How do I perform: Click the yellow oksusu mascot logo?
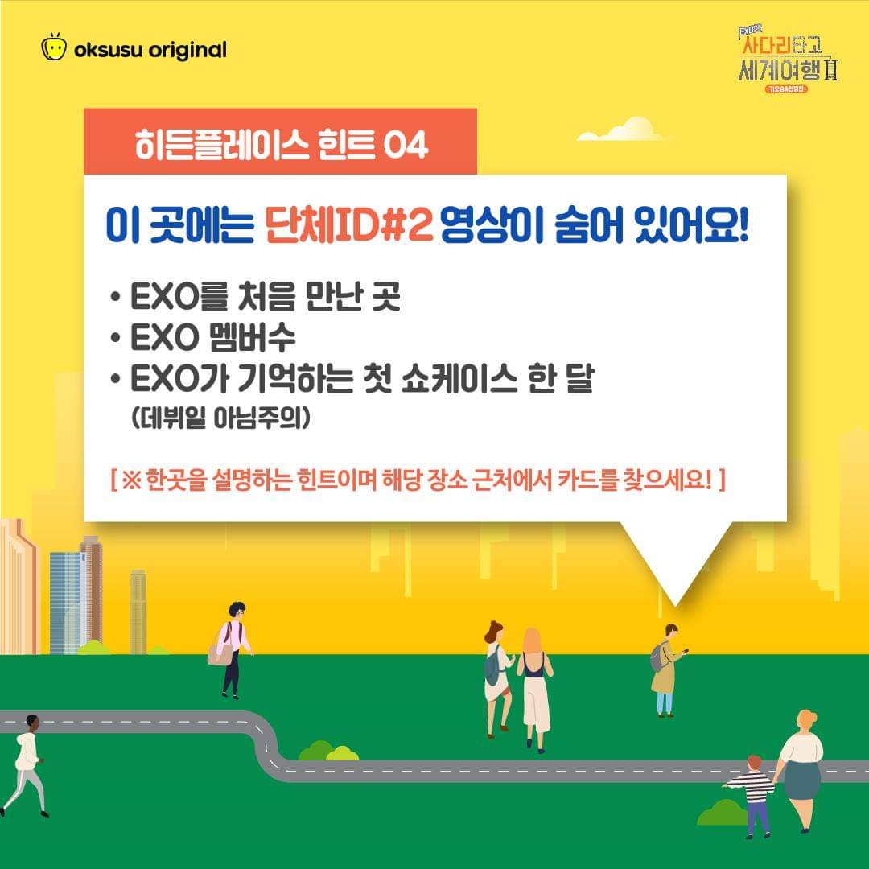[54, 47]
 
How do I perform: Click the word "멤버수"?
[252, 337]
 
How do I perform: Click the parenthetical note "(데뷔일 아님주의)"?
[220, 418]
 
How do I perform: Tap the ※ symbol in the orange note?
[131, 480]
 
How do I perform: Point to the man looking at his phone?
[667, 669]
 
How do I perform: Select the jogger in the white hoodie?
[24, 765]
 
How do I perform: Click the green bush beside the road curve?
[328, 751]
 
